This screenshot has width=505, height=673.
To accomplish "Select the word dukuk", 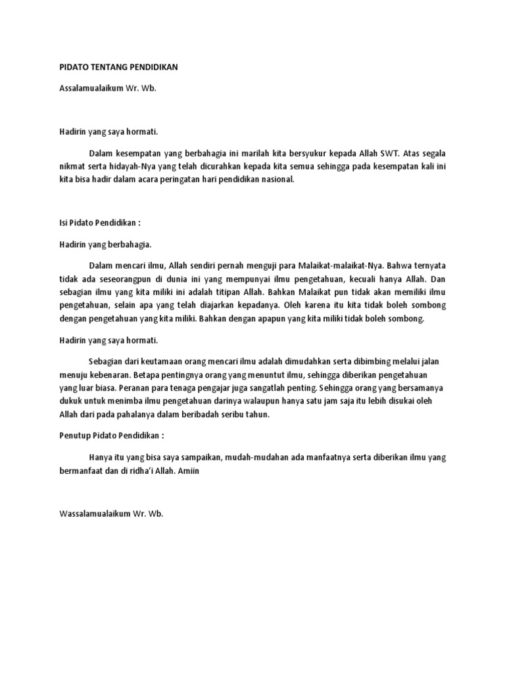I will (x=64, y=402).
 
